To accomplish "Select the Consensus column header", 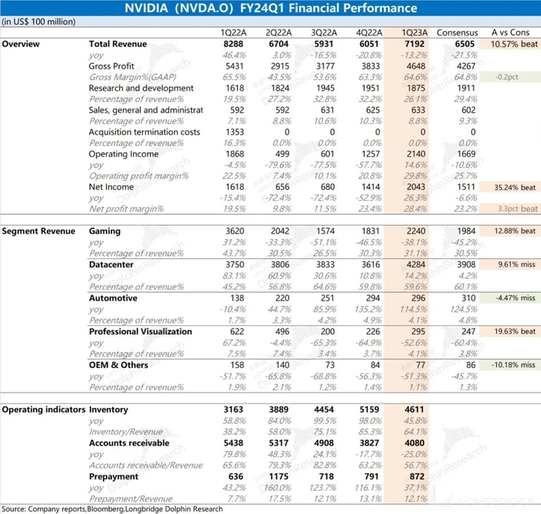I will coord(458,33).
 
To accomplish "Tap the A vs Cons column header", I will coord(509,33).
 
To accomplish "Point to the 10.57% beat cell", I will coord(509,45).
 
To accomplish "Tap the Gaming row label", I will coord(105,231).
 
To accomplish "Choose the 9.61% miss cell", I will coord(509,264).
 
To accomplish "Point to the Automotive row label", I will coord(113,298).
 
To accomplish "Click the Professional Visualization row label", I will coord(140,331).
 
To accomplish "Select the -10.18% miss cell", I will coord(508,364).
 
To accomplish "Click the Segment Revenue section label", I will coord(38,231).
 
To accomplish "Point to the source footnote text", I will coord(112,509).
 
